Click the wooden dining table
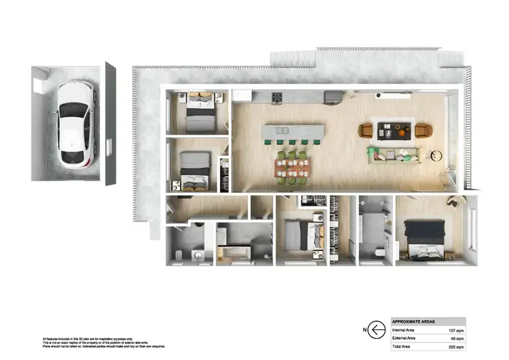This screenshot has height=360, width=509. (292, 168)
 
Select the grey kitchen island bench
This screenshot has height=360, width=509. (293, 130)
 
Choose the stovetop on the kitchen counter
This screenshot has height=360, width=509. (277, 98)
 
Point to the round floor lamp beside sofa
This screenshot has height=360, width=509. (434, 156)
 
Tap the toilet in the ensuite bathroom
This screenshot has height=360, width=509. (378, 253)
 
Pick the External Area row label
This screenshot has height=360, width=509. (404, 338)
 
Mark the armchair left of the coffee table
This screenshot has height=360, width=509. (366, 130)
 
